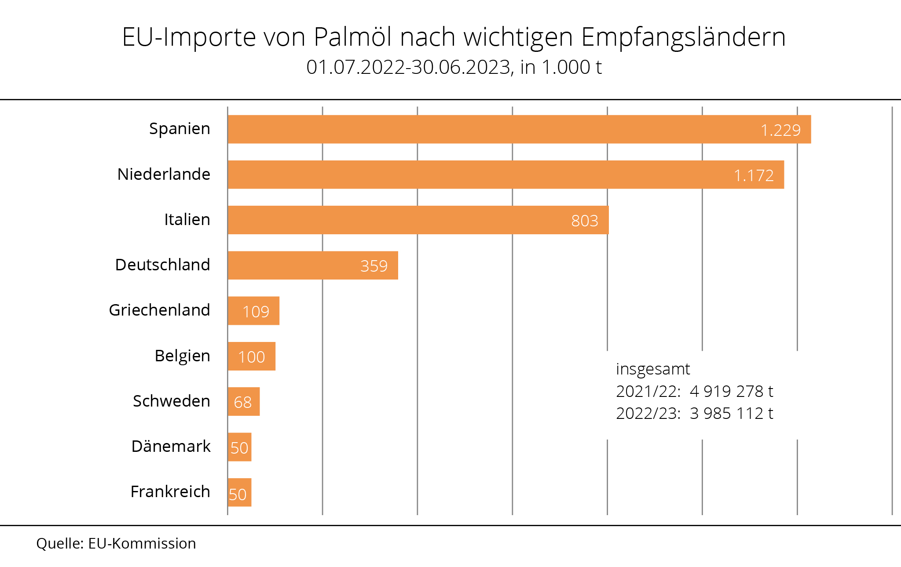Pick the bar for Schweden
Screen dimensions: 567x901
click(243, 401)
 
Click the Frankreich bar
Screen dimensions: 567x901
click(239, 492)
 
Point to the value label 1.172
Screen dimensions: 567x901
click(754, 176)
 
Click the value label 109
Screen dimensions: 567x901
click(256, 312)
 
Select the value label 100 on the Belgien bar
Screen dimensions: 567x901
click(252, 357)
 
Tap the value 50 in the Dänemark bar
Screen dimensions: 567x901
click(239, 448)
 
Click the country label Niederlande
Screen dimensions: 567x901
click(164, 174)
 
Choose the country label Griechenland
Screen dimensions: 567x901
click(159, 310)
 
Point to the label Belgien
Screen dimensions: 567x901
click(182, 356)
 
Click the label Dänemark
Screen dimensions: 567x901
click(171, 447)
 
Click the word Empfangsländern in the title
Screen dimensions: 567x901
click(683, 37)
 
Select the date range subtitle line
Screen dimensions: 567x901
click(454, 67)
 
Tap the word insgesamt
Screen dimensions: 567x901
click(653, 369)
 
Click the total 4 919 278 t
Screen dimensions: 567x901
click(731, 391)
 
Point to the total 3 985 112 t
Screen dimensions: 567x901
click(731, 414)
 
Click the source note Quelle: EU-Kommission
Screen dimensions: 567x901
click(116, 544)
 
